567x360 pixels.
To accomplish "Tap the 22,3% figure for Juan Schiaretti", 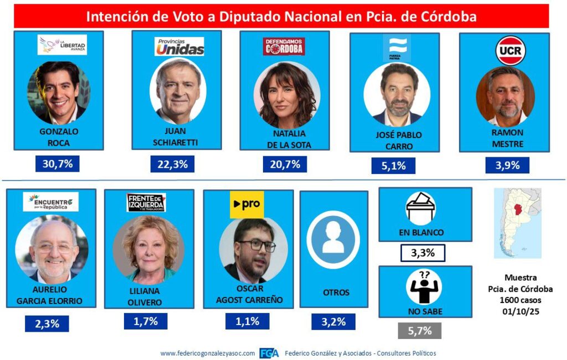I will coord(173,164).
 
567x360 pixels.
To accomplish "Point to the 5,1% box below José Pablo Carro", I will coord(393,165).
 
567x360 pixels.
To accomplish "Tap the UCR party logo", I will coord(510,50).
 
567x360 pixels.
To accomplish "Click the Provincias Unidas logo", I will coord(179,47).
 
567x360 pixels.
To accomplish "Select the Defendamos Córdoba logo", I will coord(285,47).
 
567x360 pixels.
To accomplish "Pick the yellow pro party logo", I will coord(247,205).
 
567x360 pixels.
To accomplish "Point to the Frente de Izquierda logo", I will coord(146,203).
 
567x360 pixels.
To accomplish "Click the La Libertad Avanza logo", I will coord(62,45).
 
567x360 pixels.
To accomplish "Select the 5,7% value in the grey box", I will coord(420,330).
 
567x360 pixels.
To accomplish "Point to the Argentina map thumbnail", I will coord(517,223).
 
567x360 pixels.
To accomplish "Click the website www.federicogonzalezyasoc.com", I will coord(208,353).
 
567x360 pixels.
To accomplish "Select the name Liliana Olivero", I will coord(147,296).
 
